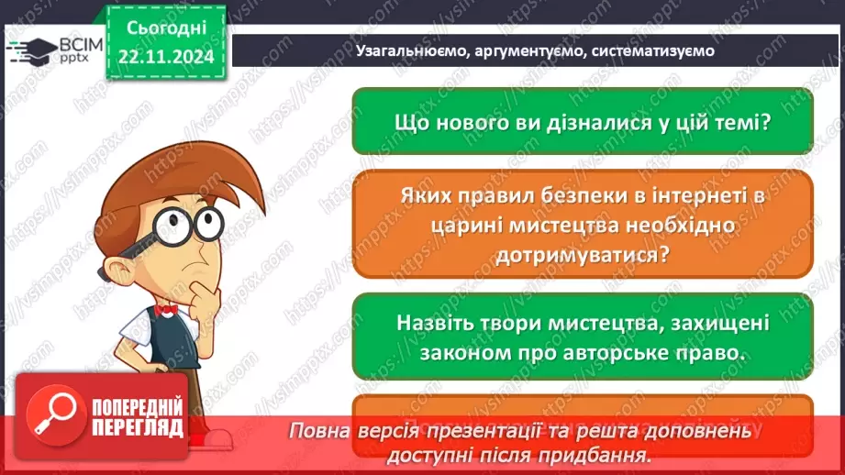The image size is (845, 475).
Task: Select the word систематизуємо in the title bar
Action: tap(655, 51)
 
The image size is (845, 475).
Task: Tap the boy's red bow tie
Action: tap(165, 310)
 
